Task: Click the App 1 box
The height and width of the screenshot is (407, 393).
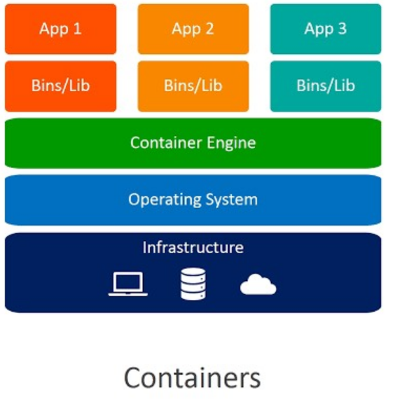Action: tap(60, 29)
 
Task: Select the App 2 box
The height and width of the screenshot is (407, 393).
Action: tap(193, 29)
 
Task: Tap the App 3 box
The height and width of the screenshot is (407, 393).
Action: tap(326, 29)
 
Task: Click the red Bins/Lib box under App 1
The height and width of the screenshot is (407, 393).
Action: tap(60, 86)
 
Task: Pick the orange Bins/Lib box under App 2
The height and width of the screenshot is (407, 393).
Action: tap(193, 86)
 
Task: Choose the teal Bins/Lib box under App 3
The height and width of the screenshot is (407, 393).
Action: tap(326, 86)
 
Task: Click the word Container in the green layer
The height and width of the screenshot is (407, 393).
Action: tap(166, 142)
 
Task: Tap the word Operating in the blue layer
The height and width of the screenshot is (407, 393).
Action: tap(165, 200)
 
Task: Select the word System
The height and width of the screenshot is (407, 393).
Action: tap(232, 200)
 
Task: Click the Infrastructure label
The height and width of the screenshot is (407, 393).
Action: tap(193, 247)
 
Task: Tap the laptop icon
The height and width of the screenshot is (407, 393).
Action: tap(128, 284)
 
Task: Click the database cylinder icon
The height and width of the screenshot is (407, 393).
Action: tap(193, 284)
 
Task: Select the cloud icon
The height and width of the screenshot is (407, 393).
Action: tap(258, 284)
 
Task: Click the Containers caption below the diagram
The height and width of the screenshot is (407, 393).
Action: tap(193, 378)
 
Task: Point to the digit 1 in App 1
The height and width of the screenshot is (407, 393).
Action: tap(77, 29)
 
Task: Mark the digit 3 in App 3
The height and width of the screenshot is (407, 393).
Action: tap(343, 29)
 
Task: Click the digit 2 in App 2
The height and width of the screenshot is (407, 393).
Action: tap(209, 29)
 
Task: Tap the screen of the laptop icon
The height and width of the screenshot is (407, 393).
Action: tap(128, 282)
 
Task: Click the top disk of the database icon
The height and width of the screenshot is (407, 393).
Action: tap(193, 273)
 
